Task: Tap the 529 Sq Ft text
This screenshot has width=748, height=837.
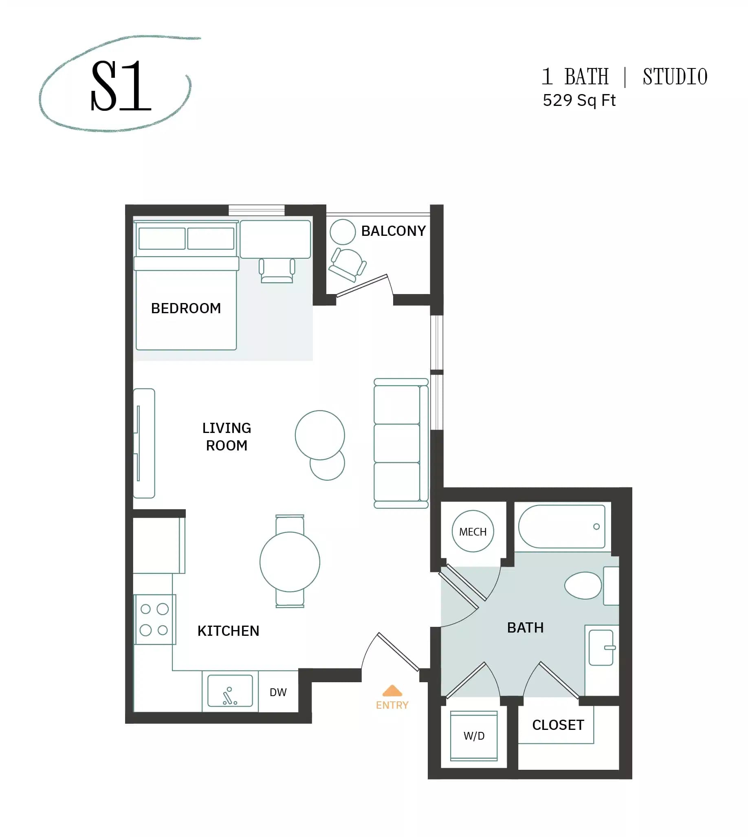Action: [579, 101]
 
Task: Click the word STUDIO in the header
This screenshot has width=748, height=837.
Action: [675, 77]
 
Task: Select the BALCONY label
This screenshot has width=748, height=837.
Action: [393, 231]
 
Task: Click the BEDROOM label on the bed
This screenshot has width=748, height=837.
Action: [186, 308]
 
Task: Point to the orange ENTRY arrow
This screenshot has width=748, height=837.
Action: [392, 690]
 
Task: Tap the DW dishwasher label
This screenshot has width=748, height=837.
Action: [278, 692]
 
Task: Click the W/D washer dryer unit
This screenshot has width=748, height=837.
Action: [474, 736]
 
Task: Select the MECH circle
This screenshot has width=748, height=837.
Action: [473, 531]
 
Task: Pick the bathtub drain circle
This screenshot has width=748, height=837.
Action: [596, 527]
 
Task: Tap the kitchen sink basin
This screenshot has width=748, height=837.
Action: [230, 691]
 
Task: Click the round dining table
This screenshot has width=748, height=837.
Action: [290, 562]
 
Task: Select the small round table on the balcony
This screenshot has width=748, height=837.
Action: [342, 232]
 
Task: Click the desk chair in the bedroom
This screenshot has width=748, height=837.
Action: [277, 270]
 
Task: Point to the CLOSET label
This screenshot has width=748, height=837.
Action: [558, 725]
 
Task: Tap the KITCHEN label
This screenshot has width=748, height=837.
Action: [228, 631]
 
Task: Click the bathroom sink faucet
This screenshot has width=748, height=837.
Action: [610, 648]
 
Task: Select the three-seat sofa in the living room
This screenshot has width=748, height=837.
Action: [401, 444]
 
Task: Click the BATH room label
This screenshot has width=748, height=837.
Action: [525, 628]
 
